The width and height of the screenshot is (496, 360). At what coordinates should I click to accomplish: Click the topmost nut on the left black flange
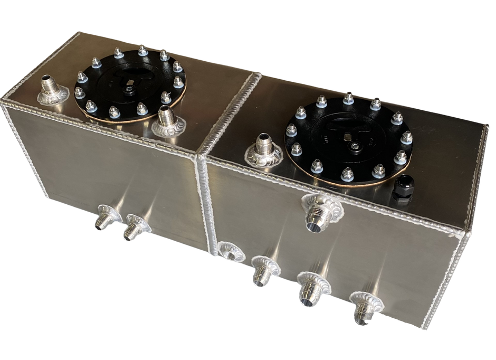[x=142, y=51]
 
